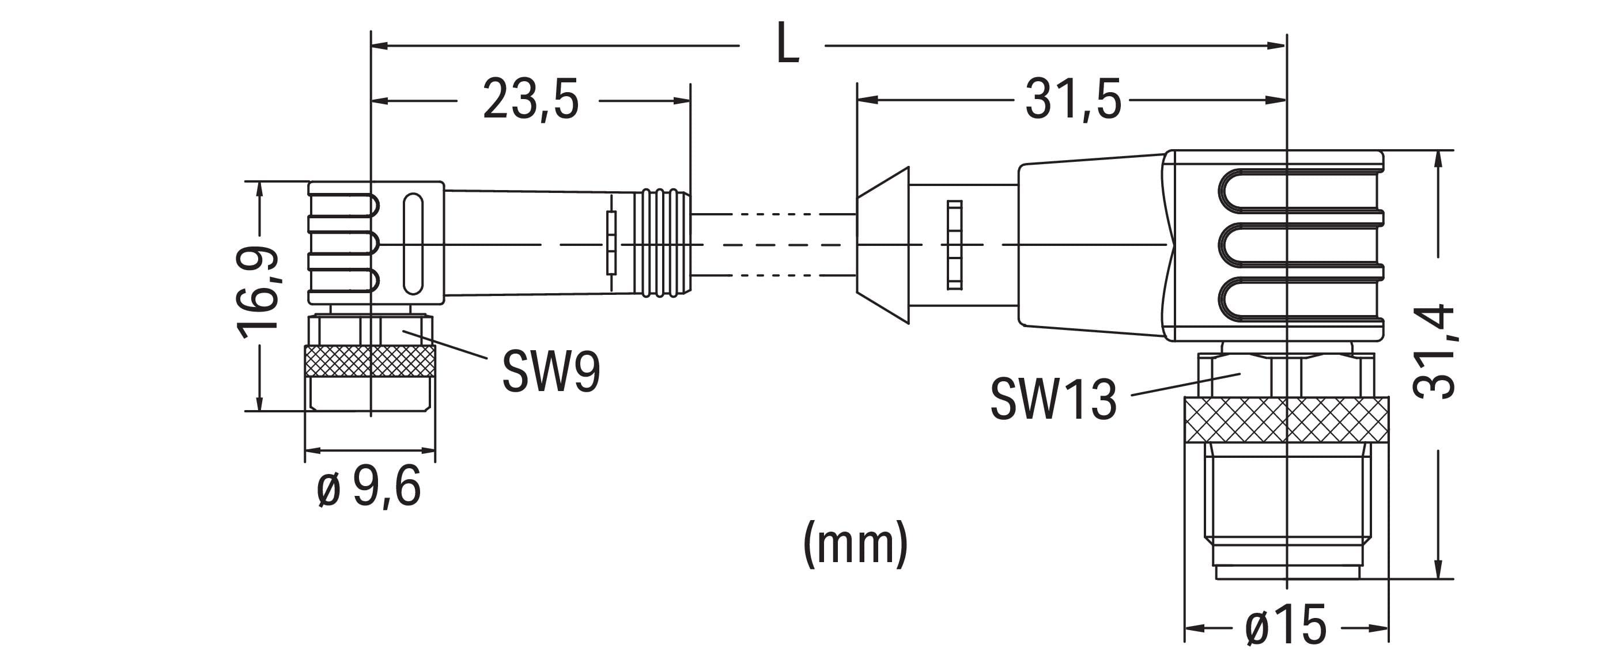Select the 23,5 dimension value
click(x=531, y=100)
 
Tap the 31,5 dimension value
click(x=1073, y=100)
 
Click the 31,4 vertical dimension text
click(x=1434, y=352)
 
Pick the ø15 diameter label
click(x=1286, y=625)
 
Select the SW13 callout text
click(x=1053, y=399)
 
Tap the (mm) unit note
click(x=855, y=543)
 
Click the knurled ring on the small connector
click(x=370, y=361)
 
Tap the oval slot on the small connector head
click(x=413, y=244)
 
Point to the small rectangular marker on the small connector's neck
click(x=611, y=243)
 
